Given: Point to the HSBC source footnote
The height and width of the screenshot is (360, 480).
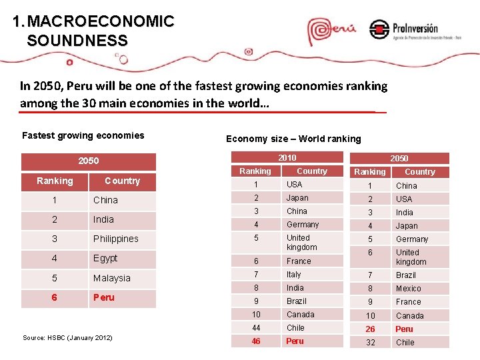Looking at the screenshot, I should click(x=67, y=338).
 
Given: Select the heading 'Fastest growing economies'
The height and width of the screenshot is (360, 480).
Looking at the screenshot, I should click(x=83, y=135).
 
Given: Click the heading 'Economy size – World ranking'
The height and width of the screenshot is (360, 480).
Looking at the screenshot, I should click(x=293, y=139).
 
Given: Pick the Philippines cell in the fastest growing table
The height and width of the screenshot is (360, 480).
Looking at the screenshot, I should click(x=115, y=239).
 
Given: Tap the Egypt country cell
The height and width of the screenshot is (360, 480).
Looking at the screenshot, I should click(x=105, y=258).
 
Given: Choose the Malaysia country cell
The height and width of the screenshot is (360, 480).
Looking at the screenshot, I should click(x=111, y=278).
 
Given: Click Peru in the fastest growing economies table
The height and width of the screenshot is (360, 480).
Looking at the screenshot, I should click(x=103, y=297).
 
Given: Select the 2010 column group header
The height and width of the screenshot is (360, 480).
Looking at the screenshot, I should click(x=287, y=157).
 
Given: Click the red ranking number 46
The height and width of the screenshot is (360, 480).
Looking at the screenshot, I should click(x=256, y=341).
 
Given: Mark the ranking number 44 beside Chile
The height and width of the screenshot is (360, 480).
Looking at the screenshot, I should click(x=256, y=327).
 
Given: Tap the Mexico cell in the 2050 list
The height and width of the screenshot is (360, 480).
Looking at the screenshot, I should click(x=408, y=289).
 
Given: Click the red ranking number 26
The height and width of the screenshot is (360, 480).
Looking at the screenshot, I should click(x=370, y=329).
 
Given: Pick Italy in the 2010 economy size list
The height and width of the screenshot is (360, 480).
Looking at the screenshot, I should click(x=293, y=274).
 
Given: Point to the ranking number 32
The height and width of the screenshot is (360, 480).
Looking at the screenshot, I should click(x=370, y=342).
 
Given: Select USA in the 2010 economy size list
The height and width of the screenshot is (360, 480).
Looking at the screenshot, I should click(x=294, y=184).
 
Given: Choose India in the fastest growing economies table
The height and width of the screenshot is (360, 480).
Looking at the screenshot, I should click(x=103, y=219).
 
